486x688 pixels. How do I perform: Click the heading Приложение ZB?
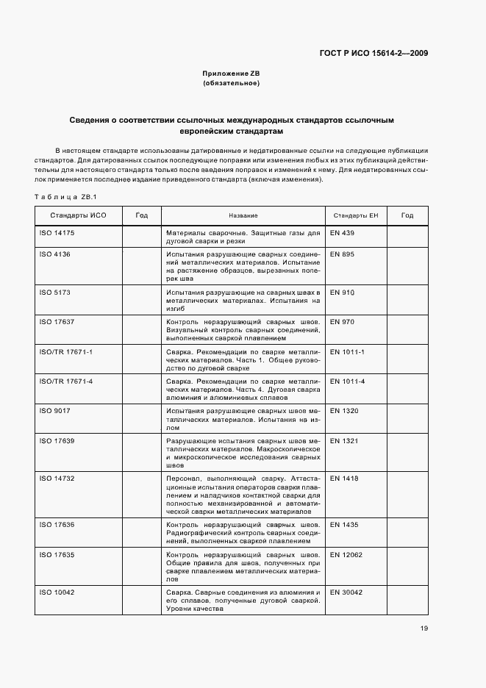click(232, 74)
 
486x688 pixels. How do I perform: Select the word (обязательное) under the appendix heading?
click(232, 83)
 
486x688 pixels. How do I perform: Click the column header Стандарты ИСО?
click(78, 215)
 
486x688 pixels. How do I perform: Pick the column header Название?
click(243, 215)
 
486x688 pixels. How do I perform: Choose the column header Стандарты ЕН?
click(355, 215)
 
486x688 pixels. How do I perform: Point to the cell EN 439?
click(342, 233)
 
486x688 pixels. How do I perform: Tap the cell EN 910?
click(342, 293)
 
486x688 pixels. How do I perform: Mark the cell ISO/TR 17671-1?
click(65, 352)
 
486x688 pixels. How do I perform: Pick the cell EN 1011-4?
click(347, 381)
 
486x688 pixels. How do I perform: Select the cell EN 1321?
click(344, 440)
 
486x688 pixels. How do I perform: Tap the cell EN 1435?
click(344, 525)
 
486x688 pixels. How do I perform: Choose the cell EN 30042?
click(346, 592)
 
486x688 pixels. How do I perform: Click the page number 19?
click(424, 628)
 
